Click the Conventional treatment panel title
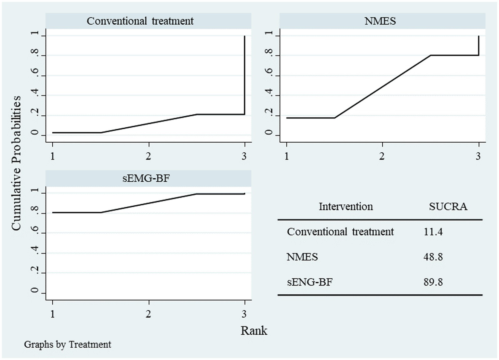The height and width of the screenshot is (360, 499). (140, 21)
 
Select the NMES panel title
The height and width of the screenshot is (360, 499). (380, 21)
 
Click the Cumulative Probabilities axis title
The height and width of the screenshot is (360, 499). (16, 163)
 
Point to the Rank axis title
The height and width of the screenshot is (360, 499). (254, 331)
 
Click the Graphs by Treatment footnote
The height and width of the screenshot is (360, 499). (68, 344)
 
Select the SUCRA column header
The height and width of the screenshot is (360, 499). (448, 207)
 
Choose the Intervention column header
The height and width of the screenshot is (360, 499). (346, 207)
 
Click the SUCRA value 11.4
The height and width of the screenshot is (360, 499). (433, 232)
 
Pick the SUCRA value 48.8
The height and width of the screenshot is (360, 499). (433, 257)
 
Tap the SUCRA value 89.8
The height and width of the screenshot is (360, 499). (433, 282)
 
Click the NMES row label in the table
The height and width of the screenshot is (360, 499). (302, 257)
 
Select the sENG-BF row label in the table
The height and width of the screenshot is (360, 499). (310, 282)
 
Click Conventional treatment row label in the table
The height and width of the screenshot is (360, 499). (340, 232)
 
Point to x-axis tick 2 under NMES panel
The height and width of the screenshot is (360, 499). (382, 156)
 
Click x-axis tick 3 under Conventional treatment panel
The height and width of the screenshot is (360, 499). (244, 156)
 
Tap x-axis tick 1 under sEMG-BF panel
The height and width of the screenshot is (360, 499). (53, 314)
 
